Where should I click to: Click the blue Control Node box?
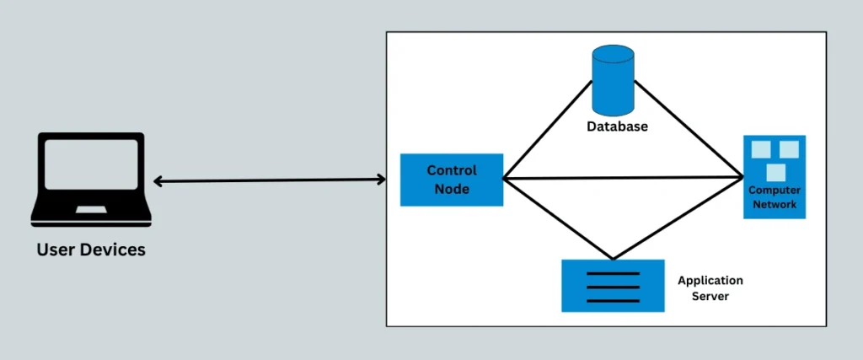click(x=452, y=180)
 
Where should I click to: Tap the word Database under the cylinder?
click(x=618, y=126)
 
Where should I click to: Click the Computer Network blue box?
click(x=774, y=177)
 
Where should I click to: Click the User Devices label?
click(x=91, y=250)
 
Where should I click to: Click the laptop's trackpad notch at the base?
click(x=91, y=208)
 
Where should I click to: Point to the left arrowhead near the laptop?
click(x=158, y=180)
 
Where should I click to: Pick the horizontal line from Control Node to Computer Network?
click(x=624, y=178)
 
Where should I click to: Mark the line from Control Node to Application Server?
click(x=556, y=218)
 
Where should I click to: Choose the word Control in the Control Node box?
click(x=452, y=170)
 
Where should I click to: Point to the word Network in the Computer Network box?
click(x=774, y=205)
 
